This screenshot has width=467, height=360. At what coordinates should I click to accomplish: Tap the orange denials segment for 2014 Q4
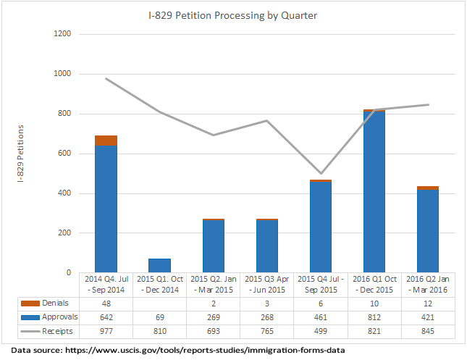[x=106, y=141]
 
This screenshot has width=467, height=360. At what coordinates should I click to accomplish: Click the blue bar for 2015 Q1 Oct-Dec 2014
[x=159, y=265]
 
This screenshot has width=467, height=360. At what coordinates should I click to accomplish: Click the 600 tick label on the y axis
[x=64, y=154]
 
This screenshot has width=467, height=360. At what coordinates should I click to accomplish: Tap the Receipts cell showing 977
[x=106, y=331]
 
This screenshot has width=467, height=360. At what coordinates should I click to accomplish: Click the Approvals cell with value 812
[x=374, y=317]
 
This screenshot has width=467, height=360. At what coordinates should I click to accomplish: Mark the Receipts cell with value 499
[x=321, y=331]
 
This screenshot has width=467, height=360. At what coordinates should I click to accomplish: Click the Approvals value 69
[x=159, y=317]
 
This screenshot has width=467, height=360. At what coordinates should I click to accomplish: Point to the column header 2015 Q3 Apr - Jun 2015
[x=267, y=283]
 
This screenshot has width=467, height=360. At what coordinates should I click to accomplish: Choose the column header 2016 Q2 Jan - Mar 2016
[x=428, y=283]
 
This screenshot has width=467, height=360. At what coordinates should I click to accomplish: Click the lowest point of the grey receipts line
[x=321, y=174]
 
